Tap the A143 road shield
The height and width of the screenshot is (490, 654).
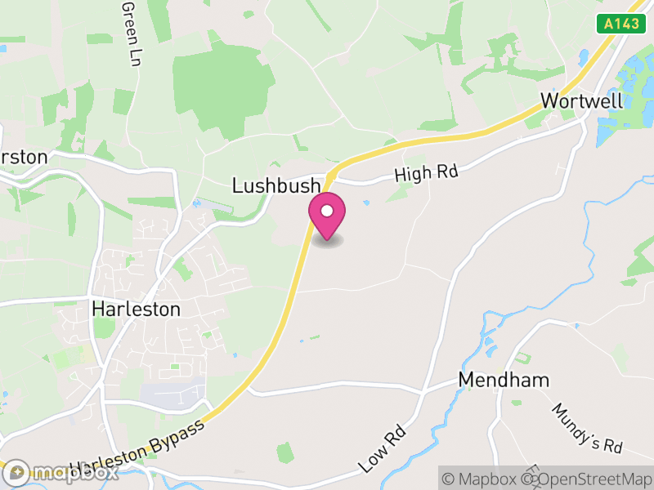(x=618, y=24)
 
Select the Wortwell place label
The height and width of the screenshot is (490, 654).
(x=581, y=101)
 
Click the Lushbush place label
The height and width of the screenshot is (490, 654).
(x=276, y=185)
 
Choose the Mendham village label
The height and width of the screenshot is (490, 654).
(x=504, y=380)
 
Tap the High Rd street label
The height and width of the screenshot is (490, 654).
(x=426, y=172)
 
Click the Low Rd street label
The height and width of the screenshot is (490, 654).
(x=383, y=448)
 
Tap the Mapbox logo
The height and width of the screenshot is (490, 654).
(x=60, y=473)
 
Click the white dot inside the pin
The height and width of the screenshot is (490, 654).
(x=327, y=211)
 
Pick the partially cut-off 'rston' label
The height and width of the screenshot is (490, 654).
(x=24, y=156)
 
